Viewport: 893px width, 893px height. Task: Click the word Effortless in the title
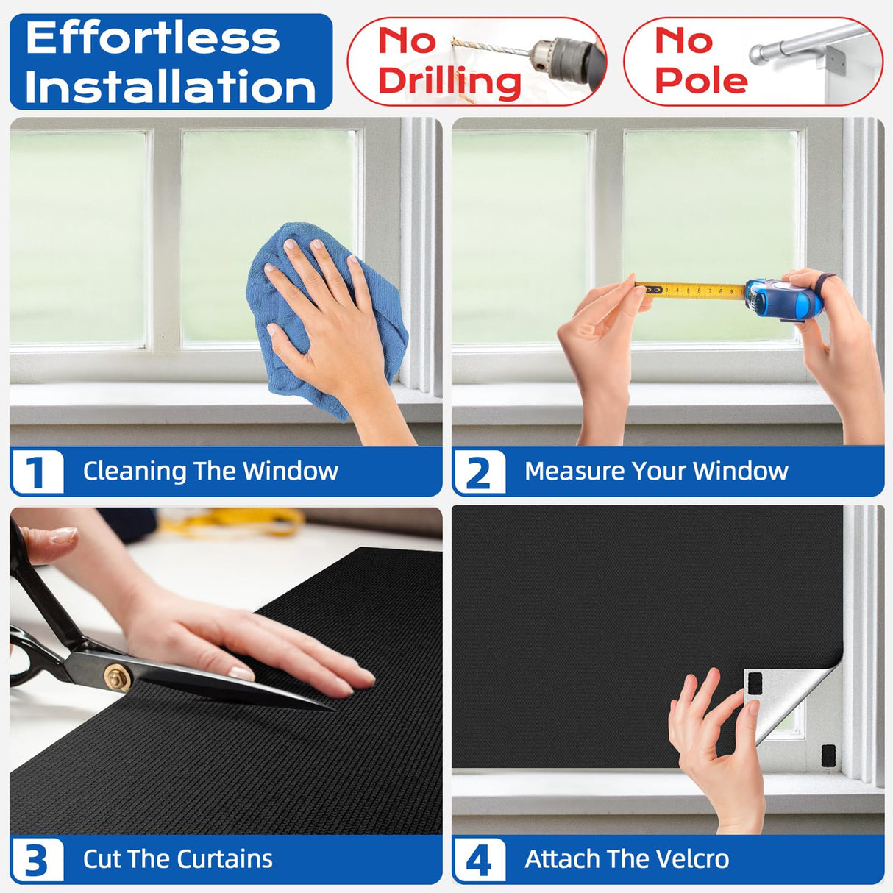coord(153,38)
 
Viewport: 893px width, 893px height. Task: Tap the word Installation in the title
coord(171,87)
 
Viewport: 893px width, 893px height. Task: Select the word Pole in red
coord(701,79)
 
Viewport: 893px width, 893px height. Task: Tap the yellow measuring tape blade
coord(691,291)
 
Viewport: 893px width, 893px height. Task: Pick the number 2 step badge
coord(480,472)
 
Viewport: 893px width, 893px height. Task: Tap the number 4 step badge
coord(480,860)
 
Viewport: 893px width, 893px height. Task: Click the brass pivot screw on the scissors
coord(117,677)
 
